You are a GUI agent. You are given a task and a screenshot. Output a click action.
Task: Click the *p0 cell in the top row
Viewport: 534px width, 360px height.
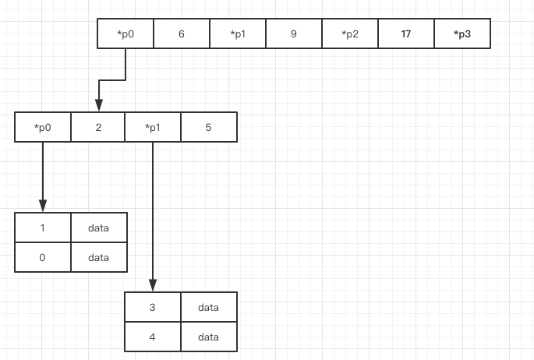pyautogui.click(x=126, y=34)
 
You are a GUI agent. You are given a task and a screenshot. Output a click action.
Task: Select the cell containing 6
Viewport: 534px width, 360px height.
pyautogui.click(x=182, y=34)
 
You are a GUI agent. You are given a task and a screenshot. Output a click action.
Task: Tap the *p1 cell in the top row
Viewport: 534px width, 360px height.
pyautogui.click(x=238, y=34)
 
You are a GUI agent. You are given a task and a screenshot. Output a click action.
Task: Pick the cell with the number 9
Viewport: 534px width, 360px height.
pyautogui.click(x=294, y=34)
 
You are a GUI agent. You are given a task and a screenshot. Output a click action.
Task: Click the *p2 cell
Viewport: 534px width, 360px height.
pyautogui.click(x=350, y=34)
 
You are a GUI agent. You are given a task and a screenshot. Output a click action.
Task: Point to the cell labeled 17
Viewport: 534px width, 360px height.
pyautogui.click(x=406, y=34)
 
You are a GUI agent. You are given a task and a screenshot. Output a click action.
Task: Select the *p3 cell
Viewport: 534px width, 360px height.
pyautogui.click(x=462, y=34)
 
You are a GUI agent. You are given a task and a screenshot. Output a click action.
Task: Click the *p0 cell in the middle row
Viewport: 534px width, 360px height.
pyautogui.click(x=43, y=127)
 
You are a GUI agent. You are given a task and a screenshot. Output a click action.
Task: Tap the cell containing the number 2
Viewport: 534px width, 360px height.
pyautogui.click(x=97, y=127)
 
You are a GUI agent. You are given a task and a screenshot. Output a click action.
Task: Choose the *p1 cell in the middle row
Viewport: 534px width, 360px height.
pyautogui.click(x=153, y=127)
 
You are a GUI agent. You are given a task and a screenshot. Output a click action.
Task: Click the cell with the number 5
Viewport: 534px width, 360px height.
pyautogui.click(x=209, y=127)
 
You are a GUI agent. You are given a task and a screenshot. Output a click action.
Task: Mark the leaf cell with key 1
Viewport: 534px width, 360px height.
pyautogui.click(x=43, y=228)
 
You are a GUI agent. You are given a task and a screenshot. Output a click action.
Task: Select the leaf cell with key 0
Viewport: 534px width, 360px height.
pyautogui.click(x=43, y=257)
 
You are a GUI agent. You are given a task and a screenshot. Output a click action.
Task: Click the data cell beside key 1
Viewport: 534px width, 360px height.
pyautogui.click(x=99, y=228)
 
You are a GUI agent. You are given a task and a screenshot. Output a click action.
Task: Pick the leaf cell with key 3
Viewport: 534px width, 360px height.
pyautogui.click(x=153, y=307)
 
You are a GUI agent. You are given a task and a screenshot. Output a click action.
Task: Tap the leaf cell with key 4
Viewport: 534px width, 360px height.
pyautogui.click(x=153, y=337)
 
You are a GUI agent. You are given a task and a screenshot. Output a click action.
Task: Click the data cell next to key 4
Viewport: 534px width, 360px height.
pyautogui.click(x=209, y=337)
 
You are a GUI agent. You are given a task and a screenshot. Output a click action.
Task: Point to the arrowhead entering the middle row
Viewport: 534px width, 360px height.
pyautogui.click(x=99, y=105)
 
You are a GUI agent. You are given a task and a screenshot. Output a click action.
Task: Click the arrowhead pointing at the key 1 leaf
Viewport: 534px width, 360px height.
pyautogui.click(x=43, y=206)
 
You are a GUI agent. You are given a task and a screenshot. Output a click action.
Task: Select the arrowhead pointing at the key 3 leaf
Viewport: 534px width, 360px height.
pyautogui.click(x=153, y=285)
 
